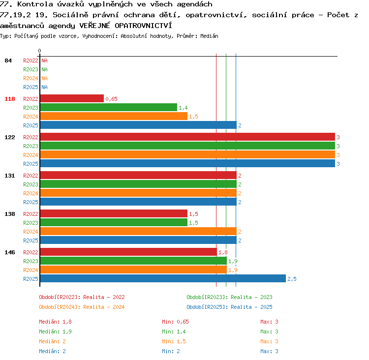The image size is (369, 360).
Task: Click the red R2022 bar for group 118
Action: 72,98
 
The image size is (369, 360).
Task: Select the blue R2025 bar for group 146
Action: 163,278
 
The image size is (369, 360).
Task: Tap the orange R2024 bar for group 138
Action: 138,231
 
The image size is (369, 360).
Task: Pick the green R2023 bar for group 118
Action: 109,107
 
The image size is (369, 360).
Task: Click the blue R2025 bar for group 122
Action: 187,163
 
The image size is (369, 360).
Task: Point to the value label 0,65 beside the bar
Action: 111,99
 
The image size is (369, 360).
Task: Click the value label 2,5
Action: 292,279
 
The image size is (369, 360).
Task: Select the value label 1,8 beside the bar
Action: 223,252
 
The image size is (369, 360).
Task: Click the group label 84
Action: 8,60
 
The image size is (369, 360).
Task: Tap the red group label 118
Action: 10,99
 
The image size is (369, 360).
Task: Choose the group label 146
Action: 10,252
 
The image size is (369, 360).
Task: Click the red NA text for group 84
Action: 44,60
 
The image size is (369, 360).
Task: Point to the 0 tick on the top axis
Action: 39,51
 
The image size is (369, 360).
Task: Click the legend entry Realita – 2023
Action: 251,297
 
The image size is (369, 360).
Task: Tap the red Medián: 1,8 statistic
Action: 55,322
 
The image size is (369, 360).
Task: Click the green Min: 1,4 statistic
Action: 174,331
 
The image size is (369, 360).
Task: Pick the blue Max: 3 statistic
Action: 269,351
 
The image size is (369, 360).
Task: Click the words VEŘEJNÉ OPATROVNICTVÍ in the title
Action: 125,26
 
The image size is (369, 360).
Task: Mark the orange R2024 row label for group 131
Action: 31,193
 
